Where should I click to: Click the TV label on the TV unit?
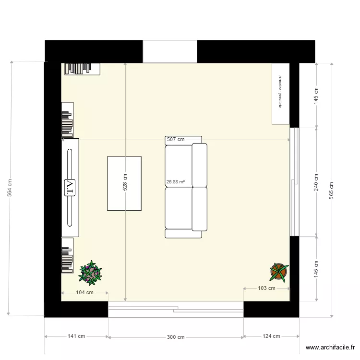pos(70,188)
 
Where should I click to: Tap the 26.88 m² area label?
pos(176,182)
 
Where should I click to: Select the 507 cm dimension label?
pos(176,140)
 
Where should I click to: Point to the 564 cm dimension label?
pos(10,188)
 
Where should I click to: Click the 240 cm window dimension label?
pos(316,182)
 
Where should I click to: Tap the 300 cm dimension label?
pos(176,337)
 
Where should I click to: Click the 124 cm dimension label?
pos(271,337)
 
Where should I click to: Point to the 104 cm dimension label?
pos(84,292)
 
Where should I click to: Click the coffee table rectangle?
pos(124,183)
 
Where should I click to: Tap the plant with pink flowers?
pos(90,273)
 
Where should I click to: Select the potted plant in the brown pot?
pos(278,272)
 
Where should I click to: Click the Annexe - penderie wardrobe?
pos(280,94)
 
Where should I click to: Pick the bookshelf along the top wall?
pos(83,69)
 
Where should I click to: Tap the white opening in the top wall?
pos(170,51)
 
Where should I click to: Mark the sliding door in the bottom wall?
pos(176,310)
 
